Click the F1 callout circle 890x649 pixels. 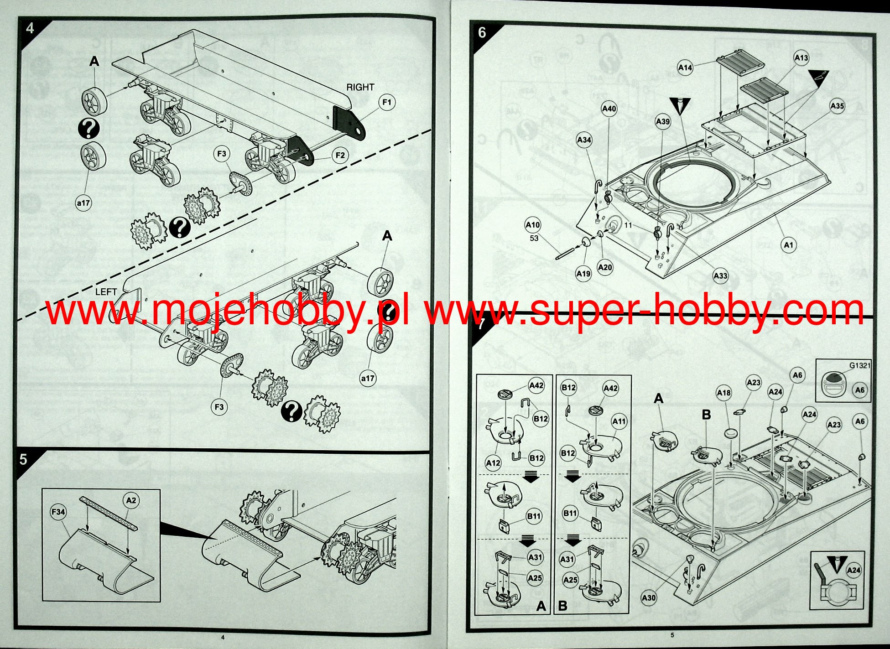click(x=387, y=103)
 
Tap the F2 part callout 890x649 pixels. click(x=340, y=156)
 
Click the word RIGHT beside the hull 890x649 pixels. click(x=360, y=87)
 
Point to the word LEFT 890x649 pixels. click(x=106, y=292)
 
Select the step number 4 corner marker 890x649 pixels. click(x=30, y=28)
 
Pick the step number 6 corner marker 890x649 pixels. click(x=482, y=32)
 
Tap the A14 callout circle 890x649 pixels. click(x=685, y=68)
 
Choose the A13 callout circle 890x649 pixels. click(x=801, y=58)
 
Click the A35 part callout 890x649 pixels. click(x=837, y=106)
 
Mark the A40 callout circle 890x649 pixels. click(x=609, y=109)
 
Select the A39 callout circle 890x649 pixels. click(x=663, y=121)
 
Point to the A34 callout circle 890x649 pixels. click(x=584, y=140)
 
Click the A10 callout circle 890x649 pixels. click(x=533, y=225)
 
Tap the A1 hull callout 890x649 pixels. click(x=789, y=245)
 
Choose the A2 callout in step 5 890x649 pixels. click(x=131, y=500)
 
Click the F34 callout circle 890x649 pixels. click(x=58, y=512)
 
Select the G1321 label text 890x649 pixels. click(x=860, y=365)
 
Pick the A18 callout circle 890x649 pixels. click(x=724, y=393)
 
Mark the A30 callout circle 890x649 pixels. click(x=649, y=597)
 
